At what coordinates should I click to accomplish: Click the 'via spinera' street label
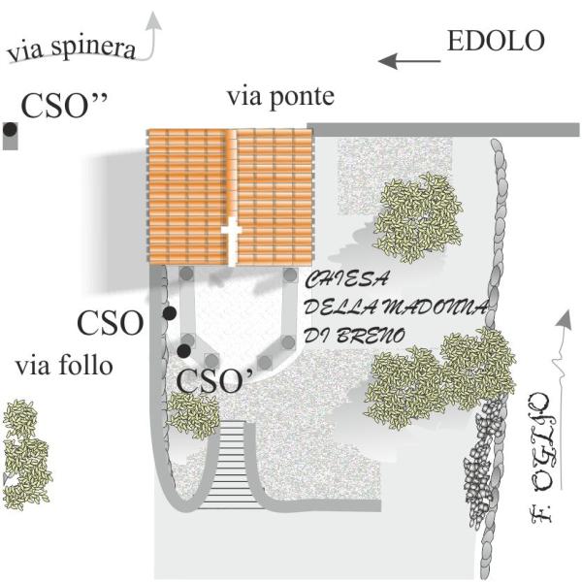coord(70,48)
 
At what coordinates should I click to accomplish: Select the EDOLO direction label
coord(496,42)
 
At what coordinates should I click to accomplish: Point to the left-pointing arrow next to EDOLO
coord(407,61)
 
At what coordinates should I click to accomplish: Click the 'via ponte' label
coord(280,97)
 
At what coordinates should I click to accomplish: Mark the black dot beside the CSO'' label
coord(10,128)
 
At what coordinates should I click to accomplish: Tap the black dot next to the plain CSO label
coord(169,313)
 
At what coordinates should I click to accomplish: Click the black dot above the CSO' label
coord(183,350)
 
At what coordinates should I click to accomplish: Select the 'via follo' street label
coord(64,367)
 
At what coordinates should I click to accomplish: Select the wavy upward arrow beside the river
coord(559,349)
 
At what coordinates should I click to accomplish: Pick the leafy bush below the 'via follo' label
coord(25,456)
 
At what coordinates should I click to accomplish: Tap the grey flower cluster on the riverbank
coord(478,475)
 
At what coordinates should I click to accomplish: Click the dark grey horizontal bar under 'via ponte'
coord(443,130)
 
